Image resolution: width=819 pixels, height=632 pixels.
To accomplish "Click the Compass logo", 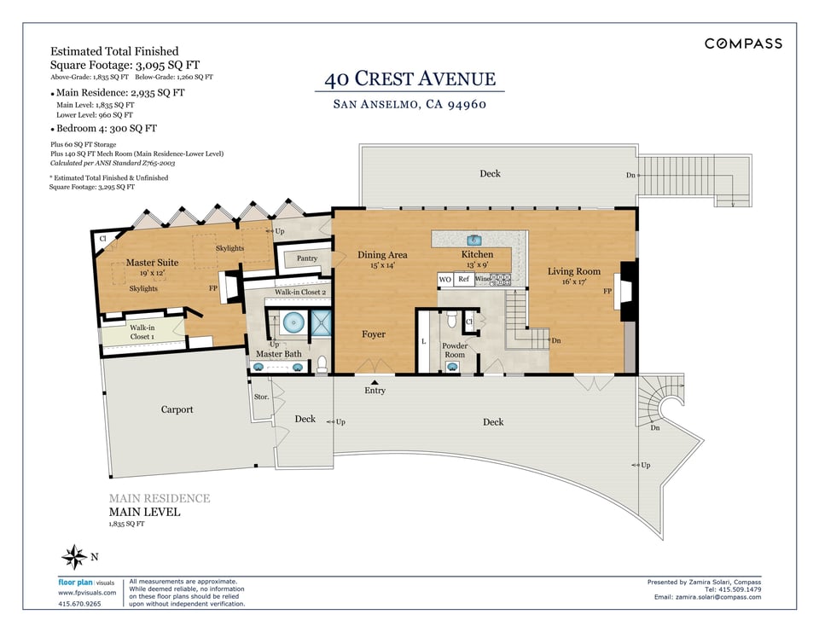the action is [x=743, y=43].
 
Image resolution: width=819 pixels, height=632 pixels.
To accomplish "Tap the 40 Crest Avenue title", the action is [x=410, y=78].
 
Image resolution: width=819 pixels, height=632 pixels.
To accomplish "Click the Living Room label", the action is [x=574, y=271].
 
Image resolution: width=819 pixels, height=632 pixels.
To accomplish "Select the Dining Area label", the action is [x=382, y=255].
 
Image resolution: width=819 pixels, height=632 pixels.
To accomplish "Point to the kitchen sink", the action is [x=473, y=241].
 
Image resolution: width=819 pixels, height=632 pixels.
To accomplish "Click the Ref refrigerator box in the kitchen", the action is [x=464, y=280].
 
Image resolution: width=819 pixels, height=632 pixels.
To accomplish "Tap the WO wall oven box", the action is [x=445, y=280].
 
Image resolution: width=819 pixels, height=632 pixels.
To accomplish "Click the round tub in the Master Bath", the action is [x=293, y=322].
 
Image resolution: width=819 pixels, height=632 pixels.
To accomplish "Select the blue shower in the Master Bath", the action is [x=322, y=323].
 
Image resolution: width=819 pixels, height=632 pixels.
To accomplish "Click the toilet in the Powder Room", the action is [x=452, y=319].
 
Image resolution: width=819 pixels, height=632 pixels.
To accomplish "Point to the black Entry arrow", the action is [x=375, y=382].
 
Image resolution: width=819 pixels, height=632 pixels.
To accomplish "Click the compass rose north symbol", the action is [x=74, y=557].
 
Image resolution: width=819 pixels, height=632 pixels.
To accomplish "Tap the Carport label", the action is [x=177, y=409].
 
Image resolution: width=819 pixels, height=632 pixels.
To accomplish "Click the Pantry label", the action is [x=307, y=258].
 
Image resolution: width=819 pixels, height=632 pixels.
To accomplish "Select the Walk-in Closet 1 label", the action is [x=142, y=332].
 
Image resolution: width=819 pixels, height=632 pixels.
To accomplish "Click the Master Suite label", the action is [x=152, y=262].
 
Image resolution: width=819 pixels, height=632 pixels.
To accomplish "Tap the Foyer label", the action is [x=374, y=334].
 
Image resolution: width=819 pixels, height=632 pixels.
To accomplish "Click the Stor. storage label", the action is [x=261, y=397].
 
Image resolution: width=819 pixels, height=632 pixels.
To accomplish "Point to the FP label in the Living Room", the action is [x=607, y=291].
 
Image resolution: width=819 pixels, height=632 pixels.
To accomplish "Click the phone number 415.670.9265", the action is [x=79, y=604].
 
